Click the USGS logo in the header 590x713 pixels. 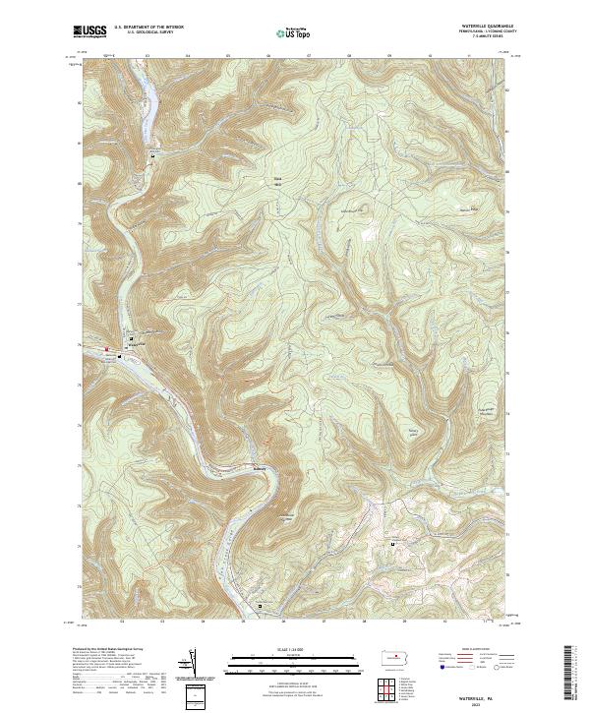(89, 31)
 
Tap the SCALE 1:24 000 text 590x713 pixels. (293, 650)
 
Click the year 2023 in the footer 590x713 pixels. (479, 700)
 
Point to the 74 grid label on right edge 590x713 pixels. (508, 415)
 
